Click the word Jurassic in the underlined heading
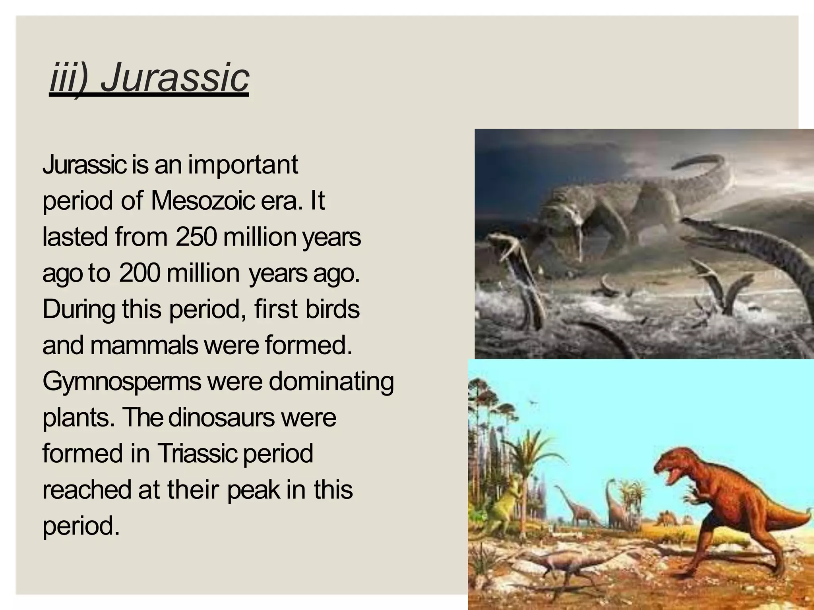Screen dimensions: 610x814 point(175,77)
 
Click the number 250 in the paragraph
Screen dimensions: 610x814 point(196,237)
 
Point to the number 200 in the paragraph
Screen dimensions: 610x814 point(140,273)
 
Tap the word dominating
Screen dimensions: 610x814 point(331,382)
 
